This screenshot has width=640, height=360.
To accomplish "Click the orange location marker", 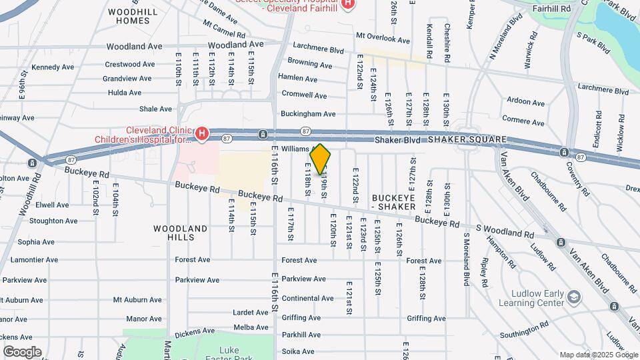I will pos(321,159).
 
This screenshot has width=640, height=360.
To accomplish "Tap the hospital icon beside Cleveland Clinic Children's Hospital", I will pos(201,134).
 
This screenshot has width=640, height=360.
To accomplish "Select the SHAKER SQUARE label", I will pos(467,139).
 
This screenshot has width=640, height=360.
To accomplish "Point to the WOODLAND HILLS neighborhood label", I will pos(180,233).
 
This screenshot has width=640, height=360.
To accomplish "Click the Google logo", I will pos(21,352).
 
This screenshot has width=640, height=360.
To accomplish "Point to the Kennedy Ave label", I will pos(53,67).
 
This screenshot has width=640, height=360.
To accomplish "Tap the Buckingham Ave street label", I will pos(308,114).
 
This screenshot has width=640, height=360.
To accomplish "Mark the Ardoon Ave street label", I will pos(526,102).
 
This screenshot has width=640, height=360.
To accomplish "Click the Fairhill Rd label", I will pos(553,9).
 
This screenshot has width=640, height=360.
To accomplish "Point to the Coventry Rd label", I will pos(577,178).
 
